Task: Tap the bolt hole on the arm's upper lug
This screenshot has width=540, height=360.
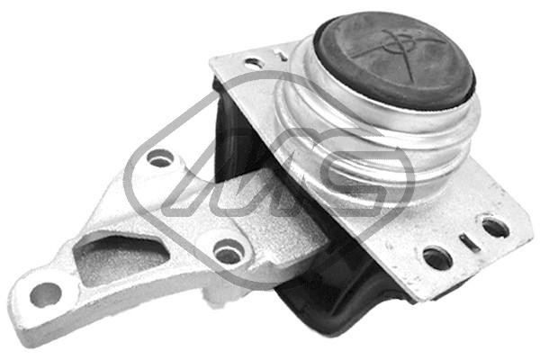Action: pos(160,159)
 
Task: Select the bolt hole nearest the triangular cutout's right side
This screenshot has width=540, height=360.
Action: pos(228,252)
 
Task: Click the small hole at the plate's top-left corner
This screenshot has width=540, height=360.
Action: pos(255,64)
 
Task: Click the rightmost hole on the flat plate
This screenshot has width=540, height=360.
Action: pos(494,227)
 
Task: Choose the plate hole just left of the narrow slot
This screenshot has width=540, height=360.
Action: pos(437,257)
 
